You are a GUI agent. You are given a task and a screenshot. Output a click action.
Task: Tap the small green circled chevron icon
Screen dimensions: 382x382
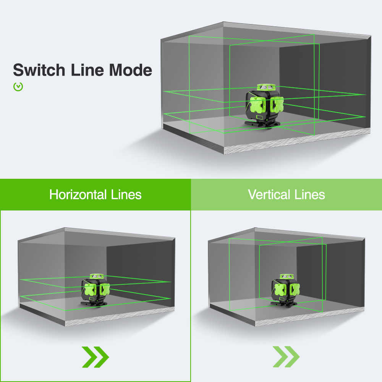(18, 87)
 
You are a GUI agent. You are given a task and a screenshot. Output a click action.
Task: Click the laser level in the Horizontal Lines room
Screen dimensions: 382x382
(95, 290)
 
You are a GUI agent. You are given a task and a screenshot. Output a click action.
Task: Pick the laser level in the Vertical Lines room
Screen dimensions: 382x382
(283, 290)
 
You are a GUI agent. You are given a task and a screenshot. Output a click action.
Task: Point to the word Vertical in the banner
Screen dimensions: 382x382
(269, 194)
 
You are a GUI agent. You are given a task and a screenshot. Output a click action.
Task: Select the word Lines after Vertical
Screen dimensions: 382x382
(310, 194)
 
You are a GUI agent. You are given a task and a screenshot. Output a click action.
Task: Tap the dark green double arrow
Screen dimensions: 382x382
(95, 357)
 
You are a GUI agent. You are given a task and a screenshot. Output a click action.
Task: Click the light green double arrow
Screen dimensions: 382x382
(286, 357)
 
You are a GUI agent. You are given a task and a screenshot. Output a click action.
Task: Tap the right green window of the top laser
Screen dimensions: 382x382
(277, 104)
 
